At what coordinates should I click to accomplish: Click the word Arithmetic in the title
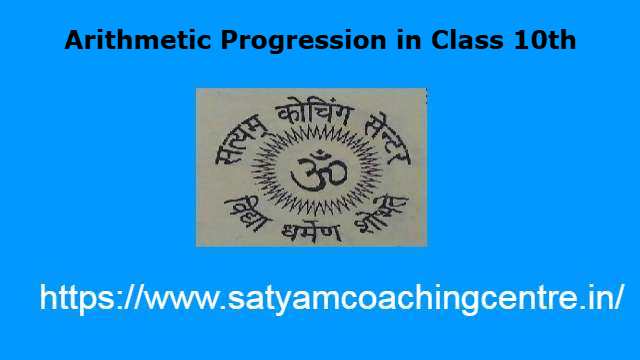[x=127, y=42]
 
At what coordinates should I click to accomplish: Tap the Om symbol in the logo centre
[x=311, y=166]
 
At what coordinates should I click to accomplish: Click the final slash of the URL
[x=620, y=298]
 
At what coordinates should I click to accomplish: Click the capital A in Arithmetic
[x=73, y=42]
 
